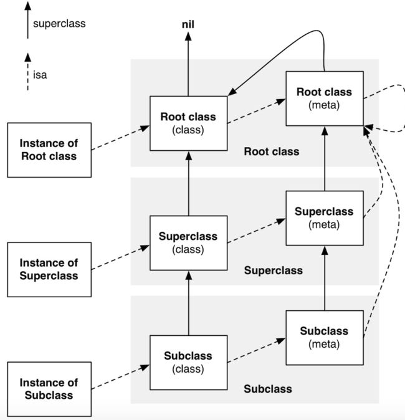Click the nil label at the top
(188, 24)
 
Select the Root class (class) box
(189, 123)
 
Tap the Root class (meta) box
(325, 98)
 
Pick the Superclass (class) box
(189, 242)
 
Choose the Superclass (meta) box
(325, 218)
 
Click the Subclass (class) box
(189, 363)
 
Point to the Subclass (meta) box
(325, 338)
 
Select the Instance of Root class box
(49, 150)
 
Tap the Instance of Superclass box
(49, 269)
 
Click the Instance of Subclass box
(49, 389)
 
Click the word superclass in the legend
(59, 24)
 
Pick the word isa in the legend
(40, 75)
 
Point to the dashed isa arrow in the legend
(27, 72)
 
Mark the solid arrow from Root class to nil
(188, 64)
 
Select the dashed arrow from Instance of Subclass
(120, 377)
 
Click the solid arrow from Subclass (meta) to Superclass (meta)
(325, 279)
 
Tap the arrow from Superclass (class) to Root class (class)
(189, 183)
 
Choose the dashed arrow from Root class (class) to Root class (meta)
(257, 111)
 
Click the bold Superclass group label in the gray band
(274, 270)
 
